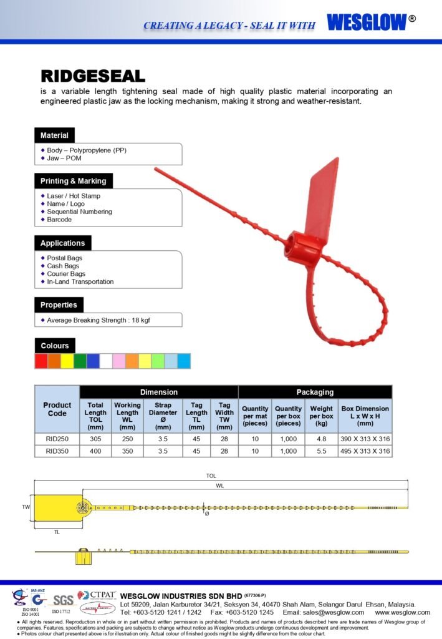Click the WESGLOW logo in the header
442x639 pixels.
tap(367, 22)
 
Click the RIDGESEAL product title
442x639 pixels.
tap(93, 76)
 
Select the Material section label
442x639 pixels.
tap(54, 135)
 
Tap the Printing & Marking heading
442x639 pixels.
tap(73, 181)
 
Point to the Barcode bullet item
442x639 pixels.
tap(59, 220)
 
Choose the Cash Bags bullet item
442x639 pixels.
tap(63, 266)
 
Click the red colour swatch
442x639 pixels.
tap(41, 361)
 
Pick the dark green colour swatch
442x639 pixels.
tap(80, 361)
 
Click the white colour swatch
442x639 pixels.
tap(106, 361)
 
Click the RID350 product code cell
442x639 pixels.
tap(57, 451)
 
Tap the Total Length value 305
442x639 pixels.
tap(95, 439)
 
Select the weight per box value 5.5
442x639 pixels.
tap(321, 451)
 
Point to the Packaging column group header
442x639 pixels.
tap(315, 392)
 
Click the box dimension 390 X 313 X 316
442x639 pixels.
tap(365, 439)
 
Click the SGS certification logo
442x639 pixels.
tap(62, 600)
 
